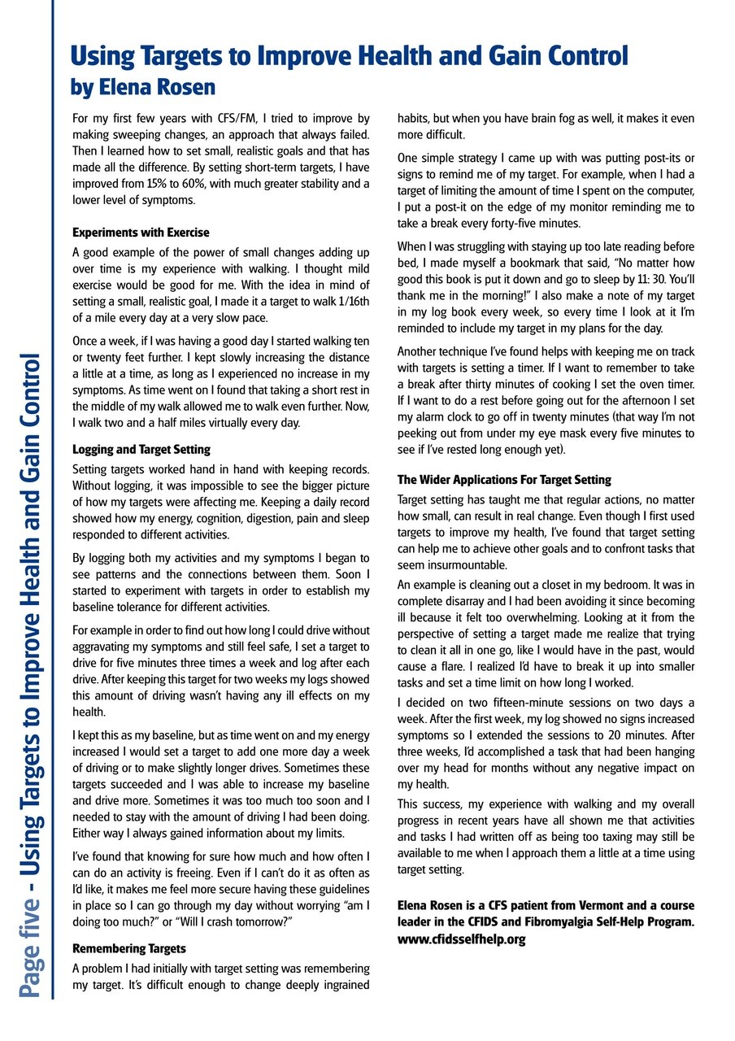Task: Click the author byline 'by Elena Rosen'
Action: [142, 85]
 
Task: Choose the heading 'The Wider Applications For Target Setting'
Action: [504, 480]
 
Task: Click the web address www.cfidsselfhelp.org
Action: [461, 939]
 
